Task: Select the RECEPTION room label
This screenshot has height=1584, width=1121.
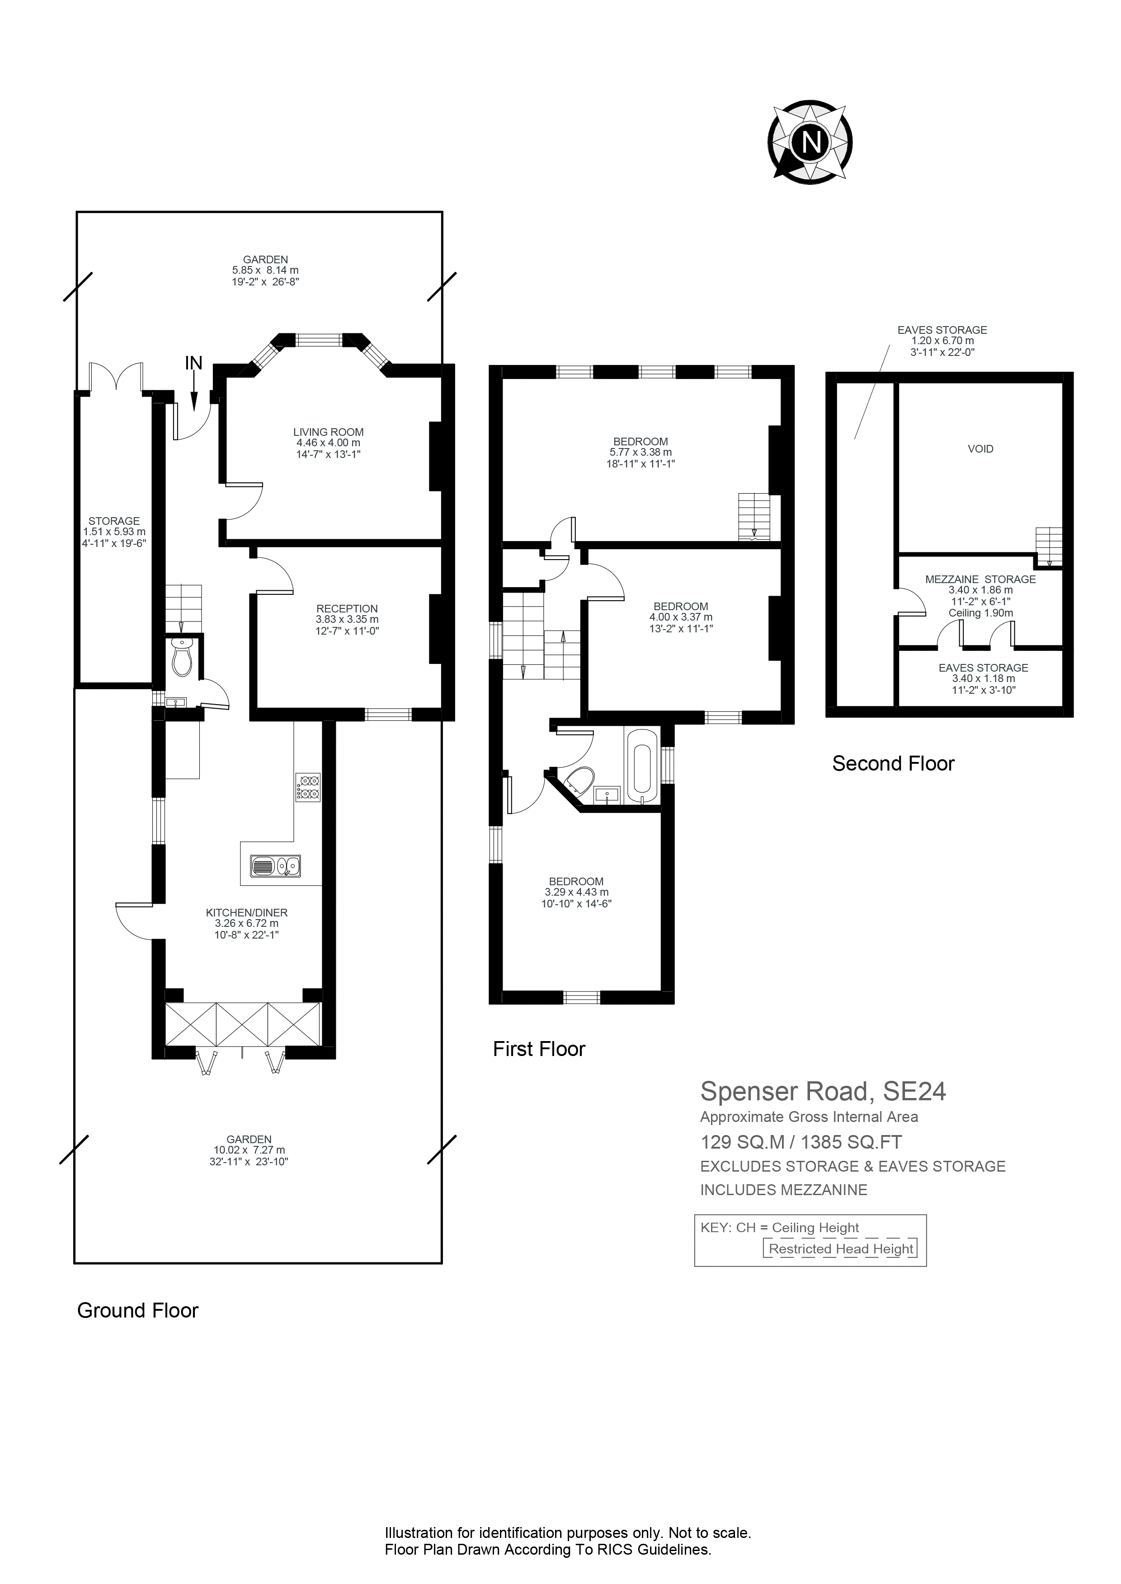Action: tap(347, 608)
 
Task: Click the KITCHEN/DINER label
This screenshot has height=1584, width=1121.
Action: tap(246, 912)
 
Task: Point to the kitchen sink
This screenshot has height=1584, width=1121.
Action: tap(275, 865)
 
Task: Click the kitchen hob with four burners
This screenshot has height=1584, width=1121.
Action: tap(308, 787)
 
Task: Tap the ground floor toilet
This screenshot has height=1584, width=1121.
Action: tap(182, 656)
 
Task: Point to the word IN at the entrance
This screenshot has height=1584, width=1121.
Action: tap(194, 363)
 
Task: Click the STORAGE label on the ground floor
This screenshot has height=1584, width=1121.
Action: tap(114, 521)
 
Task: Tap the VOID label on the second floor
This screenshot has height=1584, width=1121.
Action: tap(980, 449)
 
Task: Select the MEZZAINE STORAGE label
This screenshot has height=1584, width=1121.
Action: tap(980, 579)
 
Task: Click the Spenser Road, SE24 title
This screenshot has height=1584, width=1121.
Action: tap(823, 1091)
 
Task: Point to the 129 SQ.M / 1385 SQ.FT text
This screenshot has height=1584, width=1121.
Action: tap(801, 1142)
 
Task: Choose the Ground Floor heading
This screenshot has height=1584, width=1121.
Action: tap(137, 1310)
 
